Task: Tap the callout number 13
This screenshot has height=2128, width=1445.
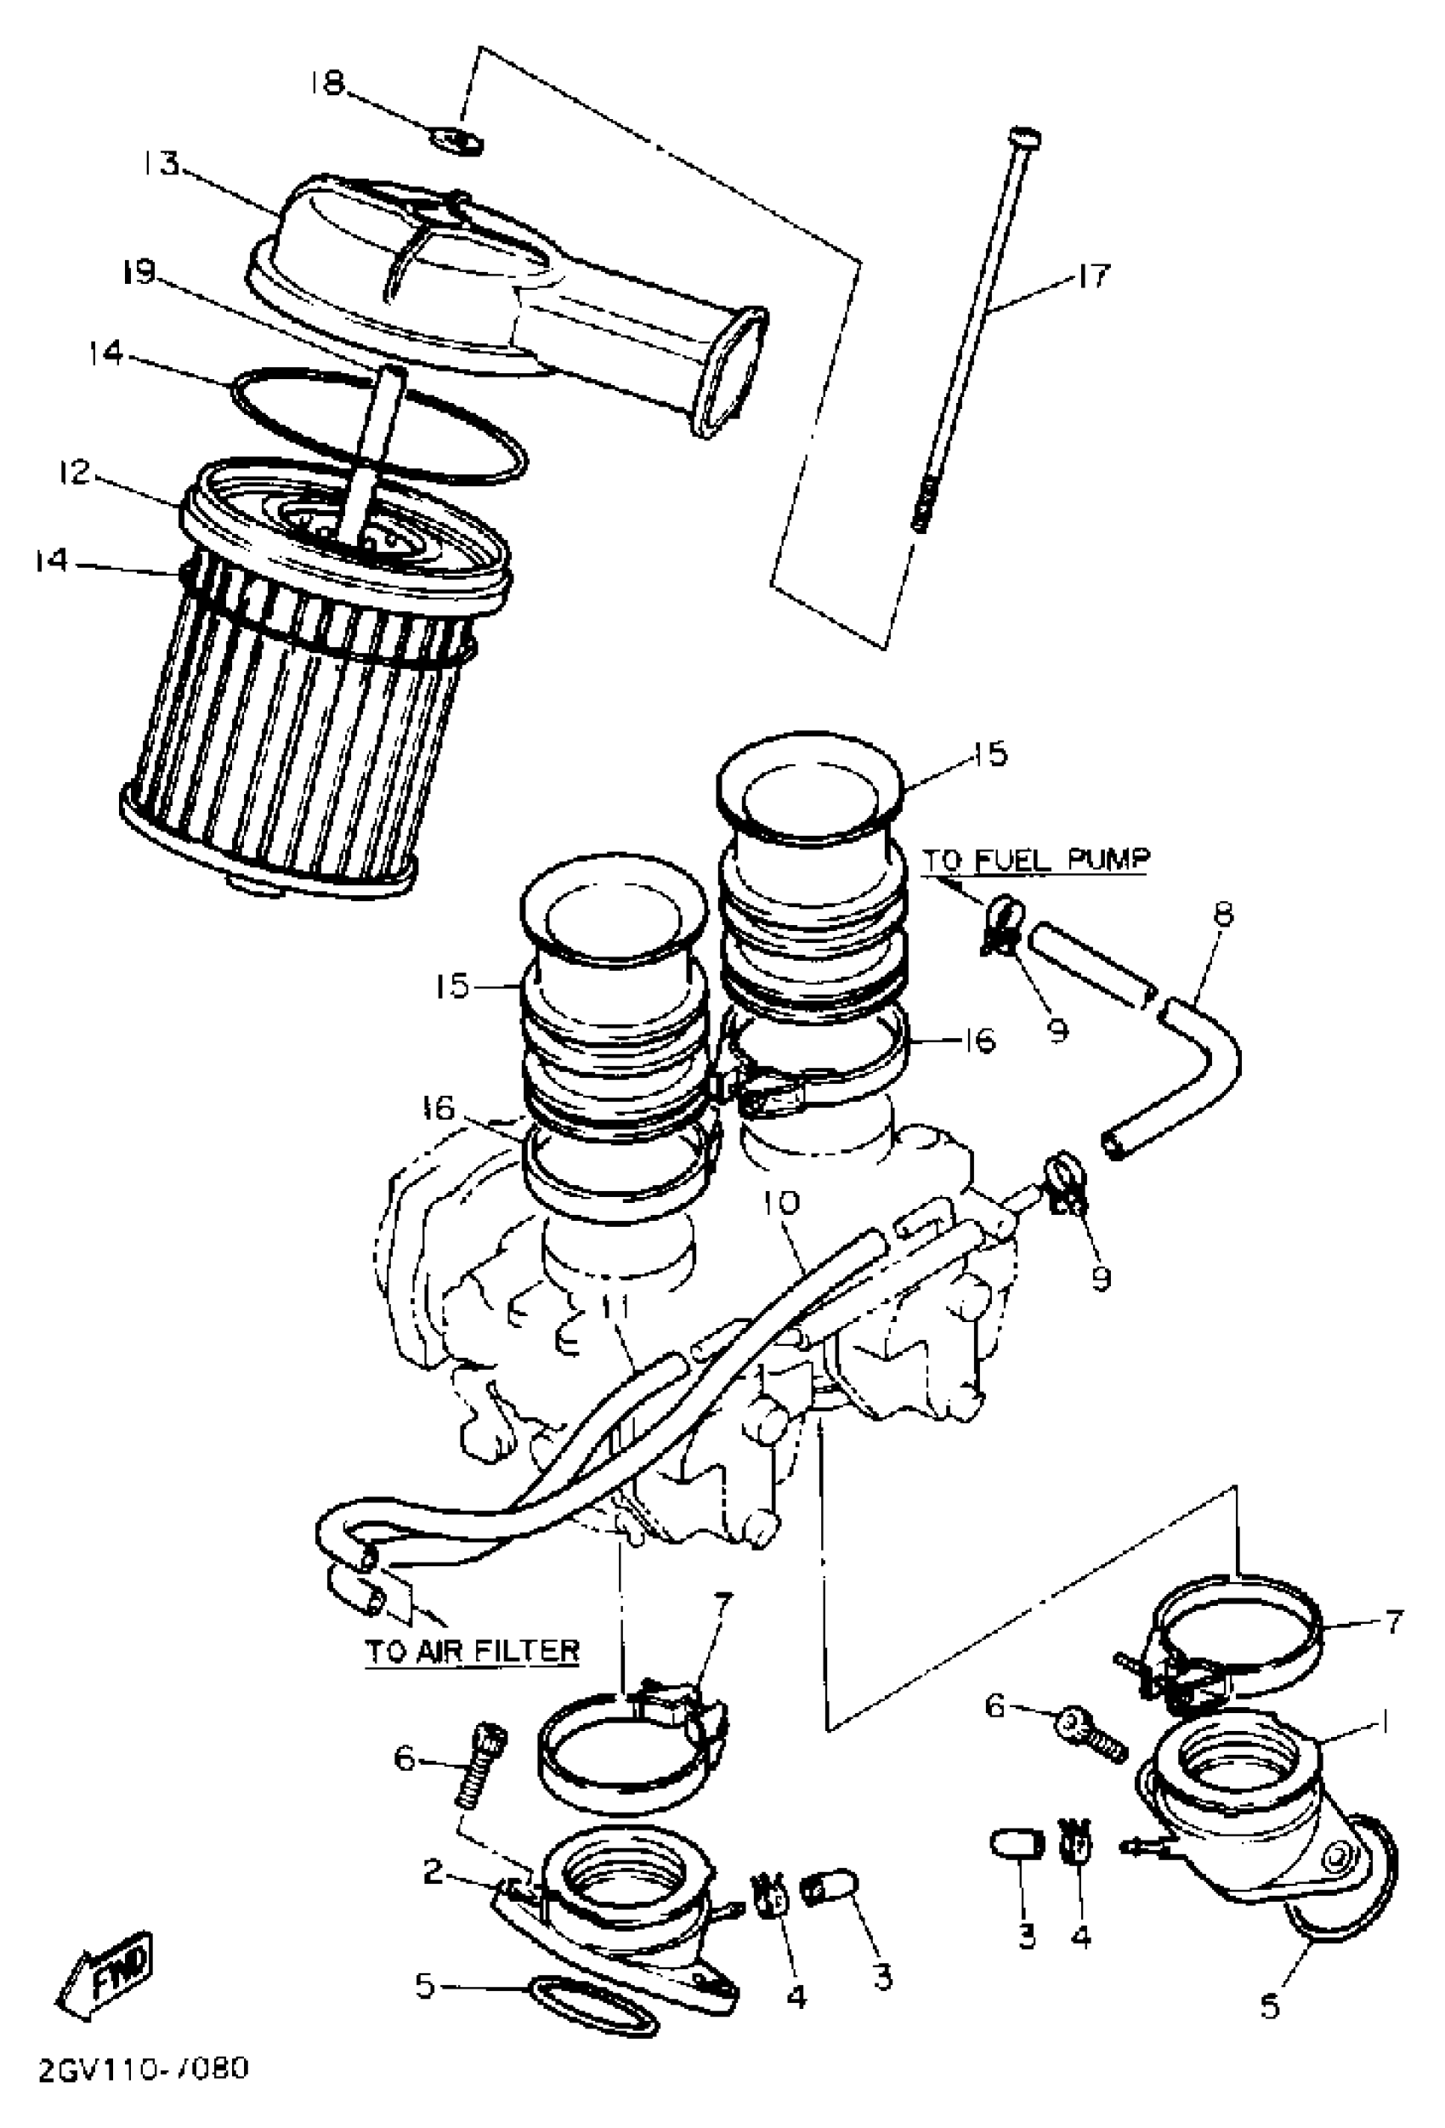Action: click(161, 167)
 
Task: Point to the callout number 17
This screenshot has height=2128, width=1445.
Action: click(1092, 274)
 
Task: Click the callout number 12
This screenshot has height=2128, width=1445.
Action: click(74, 473)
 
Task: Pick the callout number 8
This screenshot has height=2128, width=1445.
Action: click(1222, 914)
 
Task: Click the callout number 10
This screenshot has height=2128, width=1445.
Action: click(785, 1202)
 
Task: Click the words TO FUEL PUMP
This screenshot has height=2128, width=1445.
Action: click(1034, 860)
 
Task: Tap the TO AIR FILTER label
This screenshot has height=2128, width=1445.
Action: click(473, 1651)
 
